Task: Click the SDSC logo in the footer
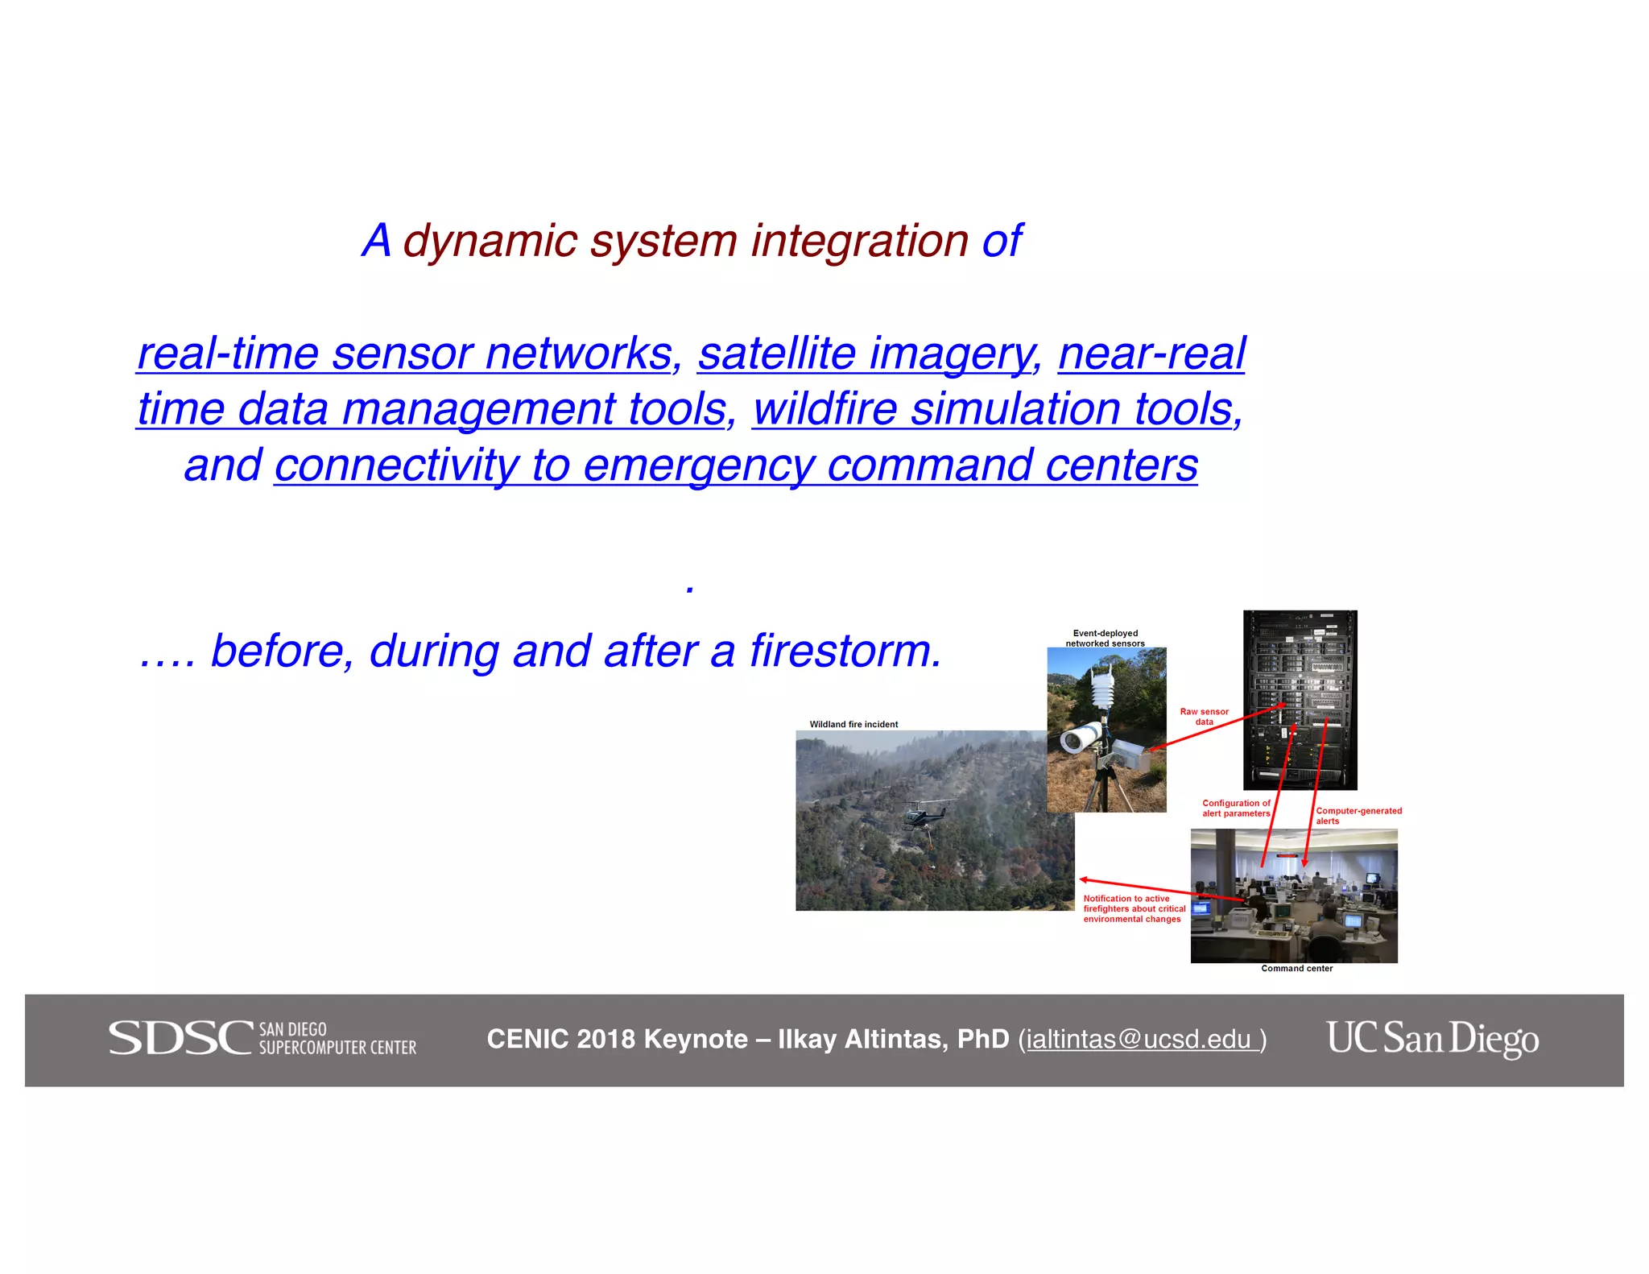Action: [262, 1038]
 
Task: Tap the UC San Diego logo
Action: [1432, 1038]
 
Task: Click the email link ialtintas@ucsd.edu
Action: [1139, 1040]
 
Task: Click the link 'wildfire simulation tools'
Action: [996, 409]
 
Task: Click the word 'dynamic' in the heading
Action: [490, 241]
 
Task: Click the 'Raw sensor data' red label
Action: [1204, 716]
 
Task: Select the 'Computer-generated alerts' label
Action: [1358, 815]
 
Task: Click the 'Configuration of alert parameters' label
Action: [1235, 808]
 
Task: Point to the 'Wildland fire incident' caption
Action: [853, 724]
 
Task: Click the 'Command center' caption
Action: [1296, 968]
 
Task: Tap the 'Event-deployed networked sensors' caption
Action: [1105, 638]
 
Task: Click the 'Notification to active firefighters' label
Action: [1134, 908]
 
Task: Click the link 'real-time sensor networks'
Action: [405, 354]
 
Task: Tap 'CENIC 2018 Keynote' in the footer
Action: [617, 1039]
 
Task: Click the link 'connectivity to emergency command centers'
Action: [735, 465]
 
